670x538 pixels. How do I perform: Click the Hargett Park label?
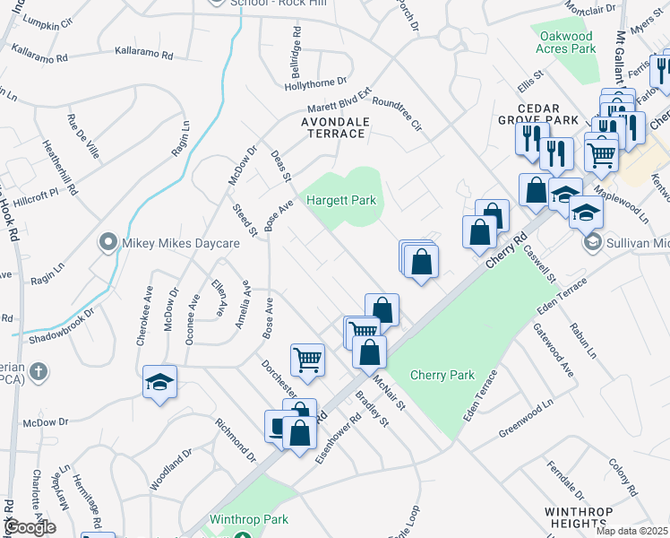coord(341,200)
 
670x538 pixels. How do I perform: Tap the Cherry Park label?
coord(442,375)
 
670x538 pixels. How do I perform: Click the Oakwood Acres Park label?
coord(563,42)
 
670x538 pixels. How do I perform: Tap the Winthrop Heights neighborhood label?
coord(579,518)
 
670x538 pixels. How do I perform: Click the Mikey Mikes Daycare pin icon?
coord(107,243)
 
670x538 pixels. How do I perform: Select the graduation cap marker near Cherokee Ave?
coord(159,382)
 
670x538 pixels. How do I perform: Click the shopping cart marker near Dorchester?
coord(307,359)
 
